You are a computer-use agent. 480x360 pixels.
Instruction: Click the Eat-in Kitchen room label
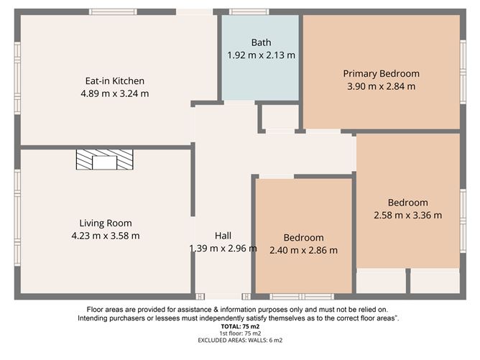(x=115, y=81)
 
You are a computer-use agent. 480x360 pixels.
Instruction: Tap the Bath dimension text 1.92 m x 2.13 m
(x=261, y=55)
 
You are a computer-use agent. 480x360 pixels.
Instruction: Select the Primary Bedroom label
(x=381, y=73)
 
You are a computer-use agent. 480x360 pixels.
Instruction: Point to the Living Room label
(x=106, y=223)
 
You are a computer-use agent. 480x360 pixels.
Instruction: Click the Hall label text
(x=223, y=236)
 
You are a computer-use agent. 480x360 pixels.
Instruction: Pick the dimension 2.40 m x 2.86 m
(x=303, y=250)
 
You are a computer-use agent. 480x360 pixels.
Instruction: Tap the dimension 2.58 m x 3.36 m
(x=407, y=215)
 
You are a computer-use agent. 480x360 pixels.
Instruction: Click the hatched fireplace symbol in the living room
(x=105, y=160)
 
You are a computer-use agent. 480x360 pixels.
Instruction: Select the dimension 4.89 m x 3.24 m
(x=115, y=93)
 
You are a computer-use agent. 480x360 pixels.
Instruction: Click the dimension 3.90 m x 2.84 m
(x=381, y=86)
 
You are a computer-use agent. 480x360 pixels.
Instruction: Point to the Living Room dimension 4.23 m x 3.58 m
(x=106, y=235)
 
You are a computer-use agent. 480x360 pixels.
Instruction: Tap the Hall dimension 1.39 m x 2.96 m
(x=223, y=249)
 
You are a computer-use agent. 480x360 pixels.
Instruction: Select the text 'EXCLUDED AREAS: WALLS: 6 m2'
(x=239, y=341)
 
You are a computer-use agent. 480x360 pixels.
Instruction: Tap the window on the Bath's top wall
(x=256, y=11)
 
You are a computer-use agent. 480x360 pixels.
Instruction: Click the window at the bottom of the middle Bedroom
(x=302, y=296)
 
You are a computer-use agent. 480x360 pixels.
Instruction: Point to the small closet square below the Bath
(x=278, y=117)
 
